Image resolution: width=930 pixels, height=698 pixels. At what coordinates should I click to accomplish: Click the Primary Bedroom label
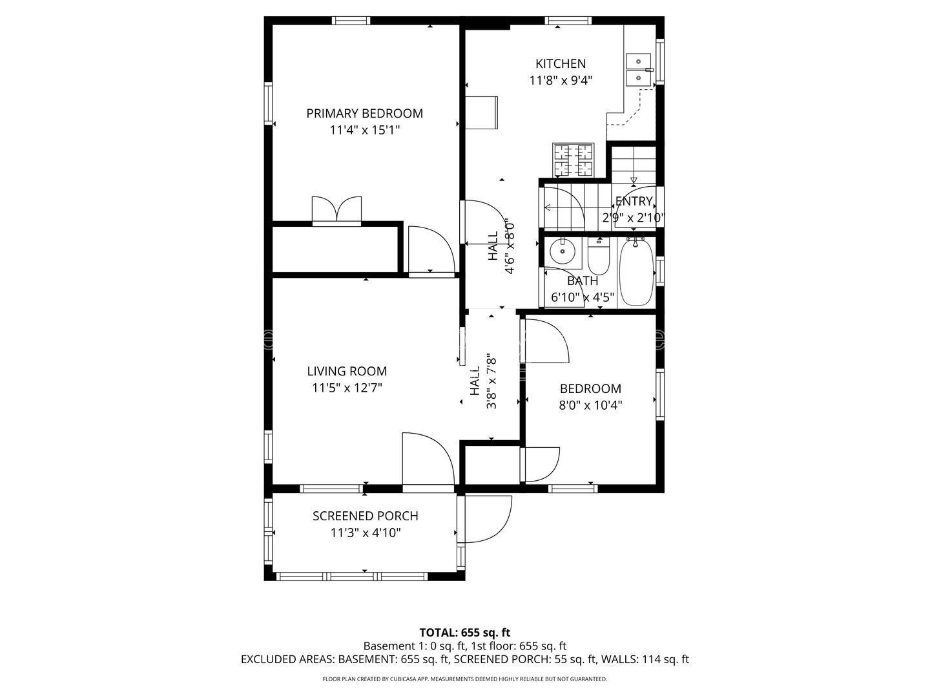(364, 114)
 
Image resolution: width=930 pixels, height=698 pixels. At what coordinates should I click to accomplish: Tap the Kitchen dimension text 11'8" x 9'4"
(560, 80)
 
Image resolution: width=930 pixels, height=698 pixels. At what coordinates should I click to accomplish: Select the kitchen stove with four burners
(573, 160)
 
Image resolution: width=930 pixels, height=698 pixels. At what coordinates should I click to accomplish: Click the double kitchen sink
(639, 70)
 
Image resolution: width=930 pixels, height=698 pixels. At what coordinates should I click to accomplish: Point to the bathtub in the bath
(635, 272)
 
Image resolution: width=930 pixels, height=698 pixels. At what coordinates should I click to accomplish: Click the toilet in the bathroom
(598, 255)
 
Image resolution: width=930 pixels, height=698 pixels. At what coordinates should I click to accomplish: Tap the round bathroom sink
(563, 251)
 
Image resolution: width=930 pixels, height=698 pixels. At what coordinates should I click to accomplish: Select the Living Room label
(347, 371)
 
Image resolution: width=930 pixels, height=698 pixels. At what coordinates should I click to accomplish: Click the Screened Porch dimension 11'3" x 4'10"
(366, 533)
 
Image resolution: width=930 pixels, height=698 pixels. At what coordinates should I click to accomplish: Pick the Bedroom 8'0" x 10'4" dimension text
(590, 405)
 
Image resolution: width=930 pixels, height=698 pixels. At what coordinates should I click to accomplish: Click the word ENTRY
(634, 201)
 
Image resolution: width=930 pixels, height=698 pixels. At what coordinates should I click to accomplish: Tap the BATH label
(583, 280)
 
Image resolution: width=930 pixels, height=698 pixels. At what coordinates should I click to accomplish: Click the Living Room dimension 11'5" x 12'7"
(347, 388)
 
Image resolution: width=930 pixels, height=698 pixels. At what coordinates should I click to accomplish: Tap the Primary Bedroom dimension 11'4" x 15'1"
(365, 130)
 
